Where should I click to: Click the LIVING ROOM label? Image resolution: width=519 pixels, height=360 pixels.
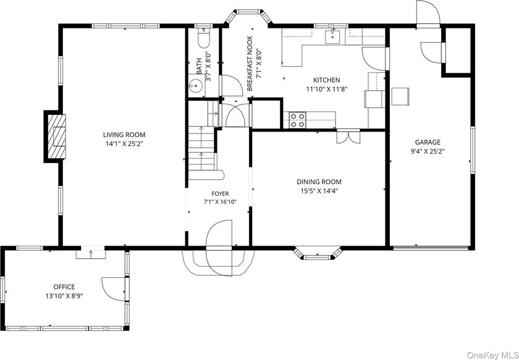124,135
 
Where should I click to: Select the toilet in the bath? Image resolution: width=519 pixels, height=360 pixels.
203,38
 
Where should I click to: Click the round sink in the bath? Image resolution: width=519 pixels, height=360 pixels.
197,86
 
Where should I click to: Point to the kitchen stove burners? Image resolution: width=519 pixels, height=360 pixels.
298,120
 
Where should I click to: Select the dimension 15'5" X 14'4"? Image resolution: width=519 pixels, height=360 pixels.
319,191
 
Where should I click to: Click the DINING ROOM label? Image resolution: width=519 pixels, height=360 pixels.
319,182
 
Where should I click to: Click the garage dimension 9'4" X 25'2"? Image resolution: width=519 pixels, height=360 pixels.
428,151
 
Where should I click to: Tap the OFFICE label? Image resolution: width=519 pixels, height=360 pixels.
64,287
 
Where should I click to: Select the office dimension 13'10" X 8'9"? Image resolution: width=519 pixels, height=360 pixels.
64,296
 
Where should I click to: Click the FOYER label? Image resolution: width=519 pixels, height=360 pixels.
220,193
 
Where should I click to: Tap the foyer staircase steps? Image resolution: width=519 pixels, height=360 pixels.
202,148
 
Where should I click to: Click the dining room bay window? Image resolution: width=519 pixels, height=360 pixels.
317,253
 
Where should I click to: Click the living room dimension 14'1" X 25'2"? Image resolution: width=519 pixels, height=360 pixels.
124,144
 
